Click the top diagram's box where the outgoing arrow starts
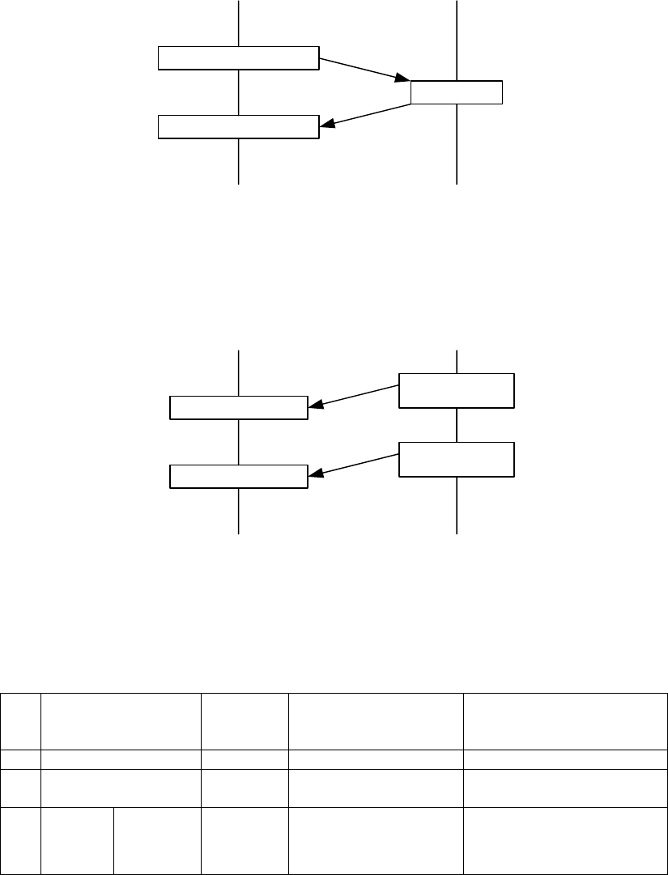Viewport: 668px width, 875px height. tap(237, 59)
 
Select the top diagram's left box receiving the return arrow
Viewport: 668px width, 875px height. tap(237, 127)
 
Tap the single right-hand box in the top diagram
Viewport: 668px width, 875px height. tap(457, 93)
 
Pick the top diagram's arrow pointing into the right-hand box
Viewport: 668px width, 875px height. tap(364, 70)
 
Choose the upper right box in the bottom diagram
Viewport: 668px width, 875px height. tap(457, 390)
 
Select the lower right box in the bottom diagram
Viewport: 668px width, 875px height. tap(457, 459)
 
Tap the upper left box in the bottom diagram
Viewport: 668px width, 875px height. tap(239, 408)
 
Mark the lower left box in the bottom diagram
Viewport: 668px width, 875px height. tap(239, 477)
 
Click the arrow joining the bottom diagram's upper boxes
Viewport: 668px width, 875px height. tap(354, 395)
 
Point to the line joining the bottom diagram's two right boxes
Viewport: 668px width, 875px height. tap(457, 425)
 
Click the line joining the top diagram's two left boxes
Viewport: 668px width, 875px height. tap(238, 93)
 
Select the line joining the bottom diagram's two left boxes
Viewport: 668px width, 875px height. tap(239, 443)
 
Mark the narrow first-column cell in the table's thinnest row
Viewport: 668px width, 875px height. tap(21, 758)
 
